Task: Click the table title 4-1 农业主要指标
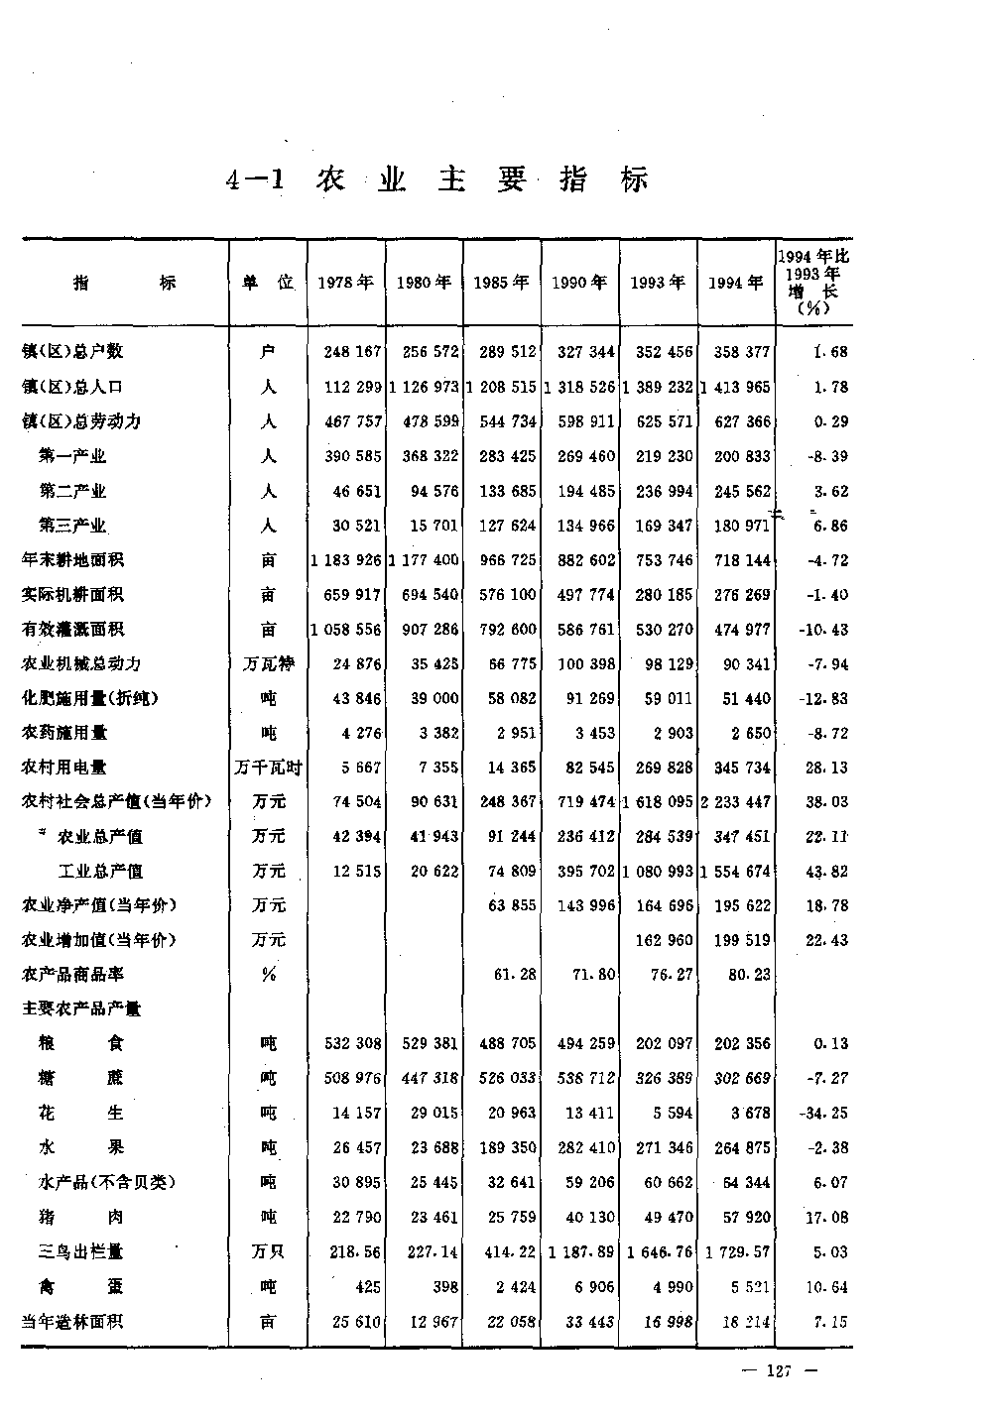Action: coord(436,180)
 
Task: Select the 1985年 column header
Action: coord(501,283)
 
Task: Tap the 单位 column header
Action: coord(268,283)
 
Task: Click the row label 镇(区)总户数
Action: coord(72,352)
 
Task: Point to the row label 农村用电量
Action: coord(64,768)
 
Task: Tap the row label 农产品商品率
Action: coord(72,975)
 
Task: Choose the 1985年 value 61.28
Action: coord(515,975)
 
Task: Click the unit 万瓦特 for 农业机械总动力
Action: coord(268,664)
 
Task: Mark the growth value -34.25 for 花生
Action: coord(823,1114)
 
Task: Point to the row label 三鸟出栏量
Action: coord(81,1252)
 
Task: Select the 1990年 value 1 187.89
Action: coord(580,1252)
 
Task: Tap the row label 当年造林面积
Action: coord(72,1322)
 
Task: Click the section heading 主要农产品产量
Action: coord(81,1009)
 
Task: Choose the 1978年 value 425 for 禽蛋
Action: coord(366,1287)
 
